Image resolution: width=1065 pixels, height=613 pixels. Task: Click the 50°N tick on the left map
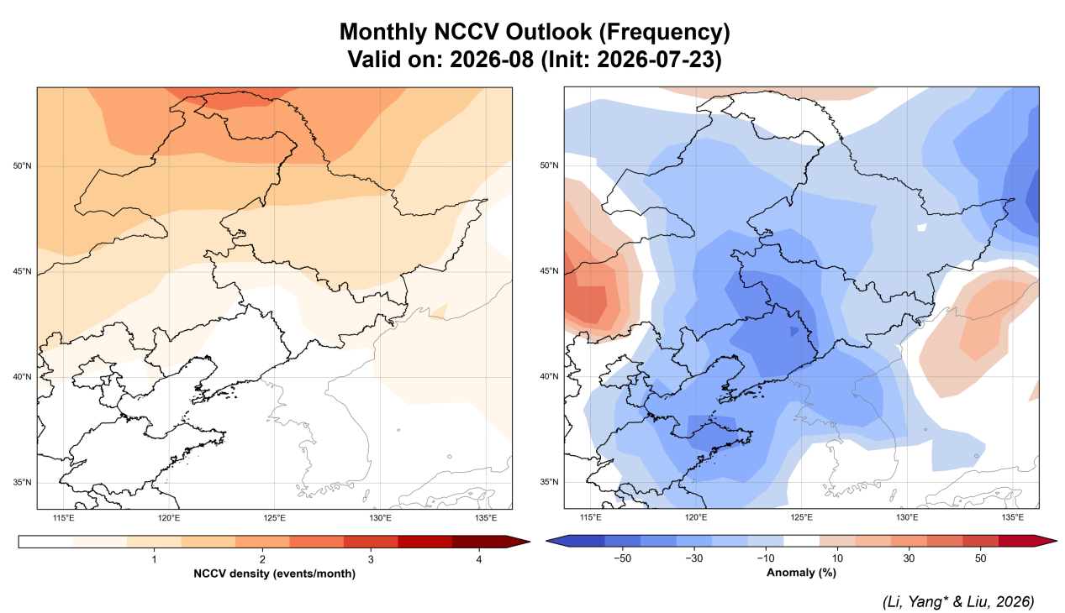[x=22, y=166]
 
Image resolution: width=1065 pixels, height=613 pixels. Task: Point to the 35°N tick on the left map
[x=22, y=483]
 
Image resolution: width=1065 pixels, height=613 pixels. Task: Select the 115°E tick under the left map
[x=63, y=518]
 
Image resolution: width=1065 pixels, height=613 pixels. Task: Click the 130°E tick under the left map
[x=380, y=518]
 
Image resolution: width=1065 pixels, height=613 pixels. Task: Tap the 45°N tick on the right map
[x=549, y=271]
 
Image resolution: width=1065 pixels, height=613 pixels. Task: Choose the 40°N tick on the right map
[x=549, y=376]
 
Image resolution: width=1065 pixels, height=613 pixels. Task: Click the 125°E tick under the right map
[x=802, y=517]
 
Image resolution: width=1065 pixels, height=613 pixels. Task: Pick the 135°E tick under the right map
[x=1013, y=517]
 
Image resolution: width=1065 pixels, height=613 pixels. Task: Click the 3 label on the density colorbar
[x=371, y=559]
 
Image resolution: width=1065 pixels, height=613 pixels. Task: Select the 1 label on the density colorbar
[x=154, y=559]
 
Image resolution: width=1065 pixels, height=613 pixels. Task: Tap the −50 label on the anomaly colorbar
[x=622, y=558]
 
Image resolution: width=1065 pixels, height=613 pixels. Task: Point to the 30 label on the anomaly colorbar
[x=909, y=558]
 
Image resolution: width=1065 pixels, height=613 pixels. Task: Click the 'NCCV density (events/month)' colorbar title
[x=274, y=574]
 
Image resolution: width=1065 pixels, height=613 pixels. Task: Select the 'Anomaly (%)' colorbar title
[x=801, y=573]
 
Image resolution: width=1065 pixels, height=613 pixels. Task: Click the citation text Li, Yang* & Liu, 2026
[x=958, y=602]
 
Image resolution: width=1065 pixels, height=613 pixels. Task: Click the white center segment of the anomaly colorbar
[x=802, y=541]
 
